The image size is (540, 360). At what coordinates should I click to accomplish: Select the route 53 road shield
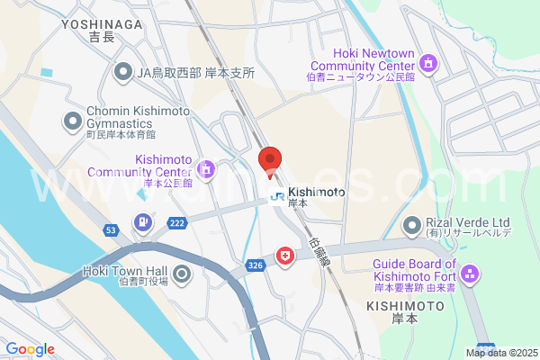tap(110, 230)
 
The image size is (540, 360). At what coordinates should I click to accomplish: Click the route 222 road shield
tap(176, 222)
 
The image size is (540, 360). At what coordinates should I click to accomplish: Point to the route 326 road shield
tap(255, 265)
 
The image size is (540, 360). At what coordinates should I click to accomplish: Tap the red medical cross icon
tap(285, 257)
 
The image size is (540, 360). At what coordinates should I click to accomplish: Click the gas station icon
tap(142, 221)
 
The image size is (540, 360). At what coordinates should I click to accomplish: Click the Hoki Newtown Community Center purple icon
tap(428, 63)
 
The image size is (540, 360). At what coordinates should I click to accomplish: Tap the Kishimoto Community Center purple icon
tap(206, 168)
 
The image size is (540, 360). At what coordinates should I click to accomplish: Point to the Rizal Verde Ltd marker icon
tap(412, 224)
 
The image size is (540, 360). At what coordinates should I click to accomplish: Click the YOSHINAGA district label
tap(103, 25)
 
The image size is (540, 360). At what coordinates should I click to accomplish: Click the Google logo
tap(30, 349)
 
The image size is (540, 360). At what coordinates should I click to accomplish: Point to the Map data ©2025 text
tap(500, 353)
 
